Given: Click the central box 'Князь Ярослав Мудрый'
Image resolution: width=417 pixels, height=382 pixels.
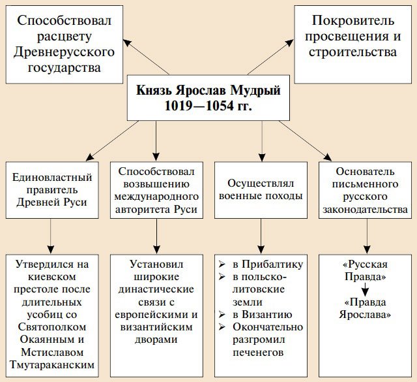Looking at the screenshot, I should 208,89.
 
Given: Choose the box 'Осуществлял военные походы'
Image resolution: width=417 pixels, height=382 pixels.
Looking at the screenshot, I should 261,189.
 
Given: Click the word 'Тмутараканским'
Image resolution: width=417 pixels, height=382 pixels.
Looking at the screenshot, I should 51,364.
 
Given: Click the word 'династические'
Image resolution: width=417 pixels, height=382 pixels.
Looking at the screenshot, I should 156,290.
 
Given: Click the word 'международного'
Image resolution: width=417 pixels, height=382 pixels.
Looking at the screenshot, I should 156,195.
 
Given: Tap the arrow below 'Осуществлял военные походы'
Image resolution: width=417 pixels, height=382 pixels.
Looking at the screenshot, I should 261,235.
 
